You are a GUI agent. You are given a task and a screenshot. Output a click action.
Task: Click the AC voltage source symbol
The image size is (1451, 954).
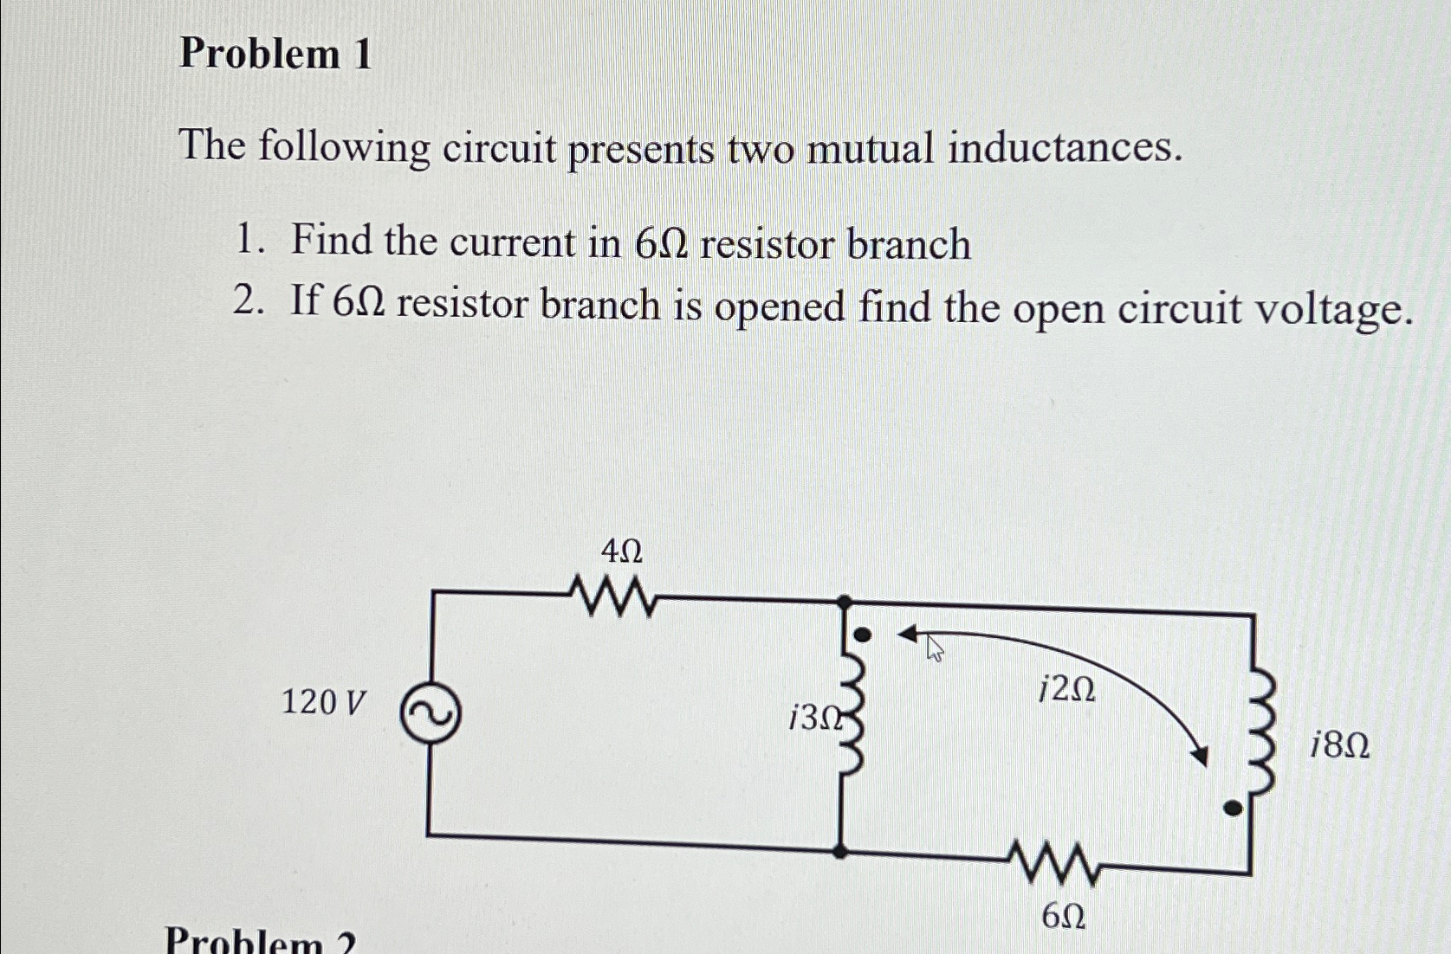tap(430, 713)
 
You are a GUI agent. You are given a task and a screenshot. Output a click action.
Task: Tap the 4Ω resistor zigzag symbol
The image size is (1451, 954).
tap(612, 596)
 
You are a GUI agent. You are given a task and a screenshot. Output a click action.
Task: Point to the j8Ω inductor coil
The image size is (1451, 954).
tap(1262, 734)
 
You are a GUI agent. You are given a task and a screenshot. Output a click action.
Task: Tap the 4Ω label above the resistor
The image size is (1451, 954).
tap(621, 551)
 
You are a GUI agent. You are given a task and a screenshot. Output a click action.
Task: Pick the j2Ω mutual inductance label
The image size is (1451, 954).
tap(1066, 689)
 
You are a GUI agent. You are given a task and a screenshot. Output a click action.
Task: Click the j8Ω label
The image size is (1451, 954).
tap(1339, 745)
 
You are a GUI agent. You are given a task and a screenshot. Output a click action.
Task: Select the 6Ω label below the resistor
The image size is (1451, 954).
tap(1063, 916)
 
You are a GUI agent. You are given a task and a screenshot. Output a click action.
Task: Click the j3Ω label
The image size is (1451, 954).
tap(814, 718)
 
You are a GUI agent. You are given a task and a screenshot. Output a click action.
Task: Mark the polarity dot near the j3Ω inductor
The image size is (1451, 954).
tap(862, 635)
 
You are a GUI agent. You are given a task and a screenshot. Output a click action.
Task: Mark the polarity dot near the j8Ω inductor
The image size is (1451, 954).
tap(1231, 809)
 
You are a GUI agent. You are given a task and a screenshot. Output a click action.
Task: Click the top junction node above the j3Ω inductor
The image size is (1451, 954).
tap(844, 600)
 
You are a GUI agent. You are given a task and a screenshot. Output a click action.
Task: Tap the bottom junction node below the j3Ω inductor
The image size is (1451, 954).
tap(839, 851)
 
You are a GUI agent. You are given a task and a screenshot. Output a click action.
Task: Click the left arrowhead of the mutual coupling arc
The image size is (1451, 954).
tap(907, 635)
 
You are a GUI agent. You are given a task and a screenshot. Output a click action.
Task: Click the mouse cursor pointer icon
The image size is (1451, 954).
tap(934, 647)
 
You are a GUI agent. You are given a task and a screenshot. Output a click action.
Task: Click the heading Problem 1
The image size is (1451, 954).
tap(275, 54)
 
